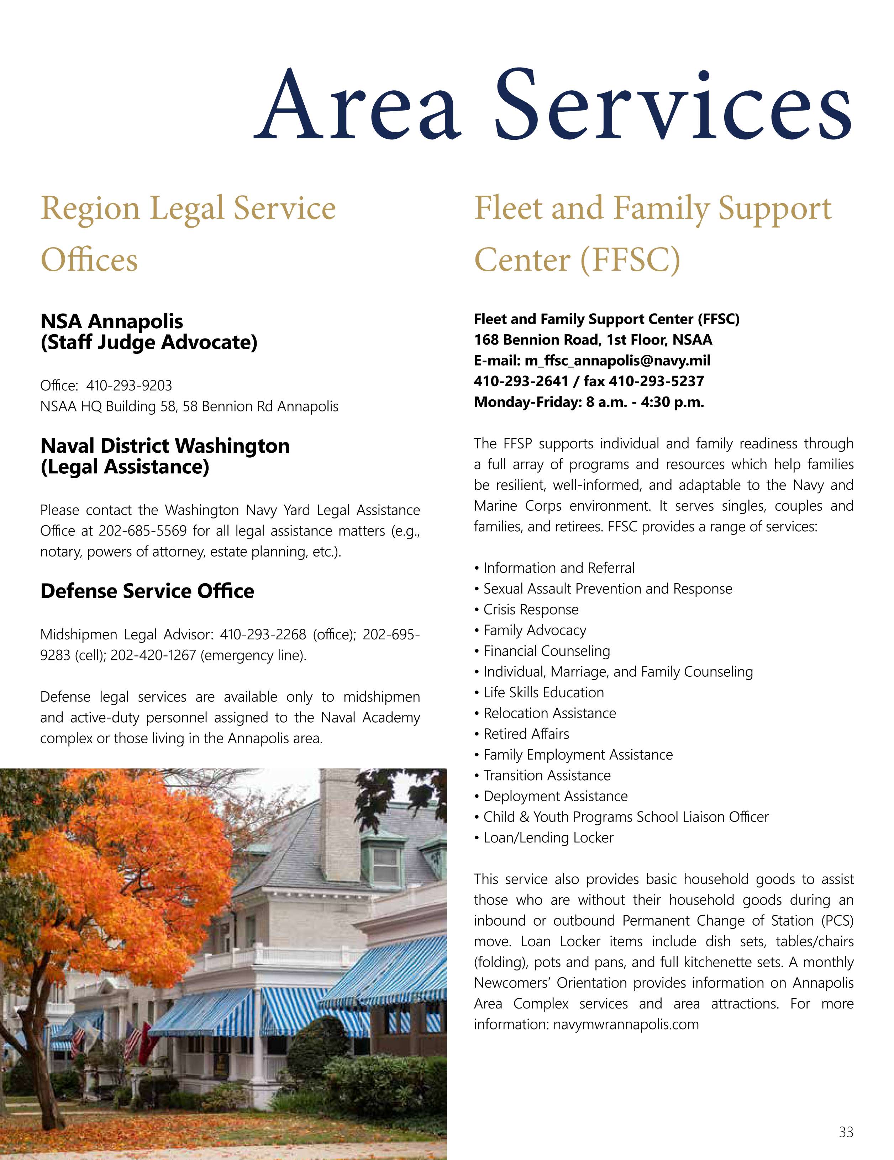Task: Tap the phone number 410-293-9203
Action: pos(129,385)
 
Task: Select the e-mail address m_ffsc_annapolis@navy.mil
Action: pos(617,361)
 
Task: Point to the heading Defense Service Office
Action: pos(147,591)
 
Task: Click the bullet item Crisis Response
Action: pos(530,610)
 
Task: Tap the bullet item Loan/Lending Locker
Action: pos(548,837)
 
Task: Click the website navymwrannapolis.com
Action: pos(626,1024)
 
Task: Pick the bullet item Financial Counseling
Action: pos(546,651)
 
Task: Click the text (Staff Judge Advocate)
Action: pos(149,342)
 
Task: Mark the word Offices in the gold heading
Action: pos(89,260)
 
